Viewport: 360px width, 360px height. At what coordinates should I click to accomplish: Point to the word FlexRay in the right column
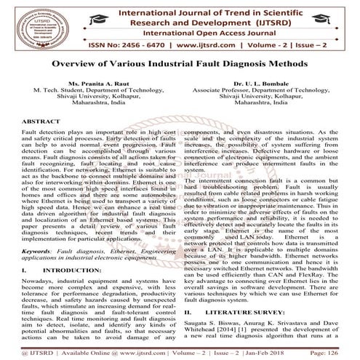[327, 257]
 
